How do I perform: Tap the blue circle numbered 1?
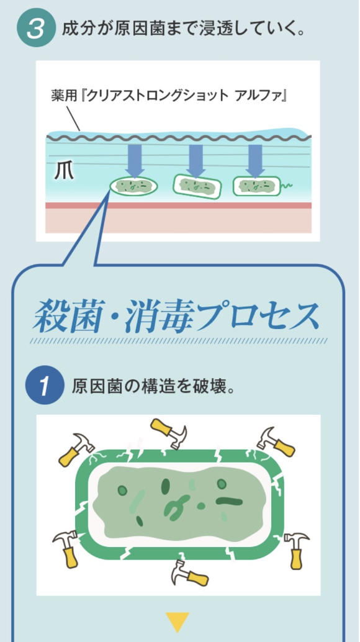[x=45, y=386]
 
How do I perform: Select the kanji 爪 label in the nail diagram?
[x=64, y=172]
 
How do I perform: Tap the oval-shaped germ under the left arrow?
[x=134, y=187]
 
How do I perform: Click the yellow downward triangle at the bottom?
[x=177, y=622]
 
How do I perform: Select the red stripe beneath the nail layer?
[x=178, y=206]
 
